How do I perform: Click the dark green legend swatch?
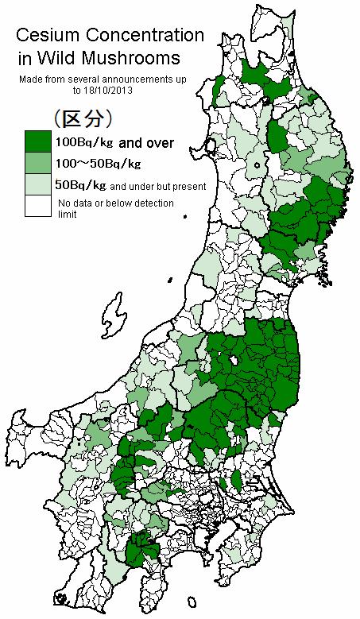37,142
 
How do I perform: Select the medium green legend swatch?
37,164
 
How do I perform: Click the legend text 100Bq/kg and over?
114,143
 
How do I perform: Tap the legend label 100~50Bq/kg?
97,164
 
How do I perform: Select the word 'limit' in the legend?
66,215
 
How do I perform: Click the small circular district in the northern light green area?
258,166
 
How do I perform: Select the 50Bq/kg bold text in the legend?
79,186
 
